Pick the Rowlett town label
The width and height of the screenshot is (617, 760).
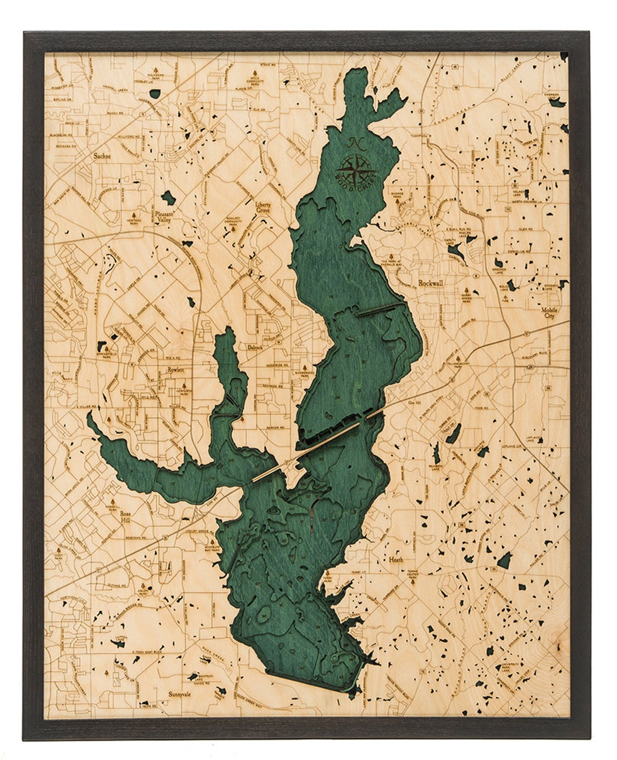pyautogui.click(x=176, y=370)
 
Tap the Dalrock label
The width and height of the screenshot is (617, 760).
pyautogui.click(x=254, y=347)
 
